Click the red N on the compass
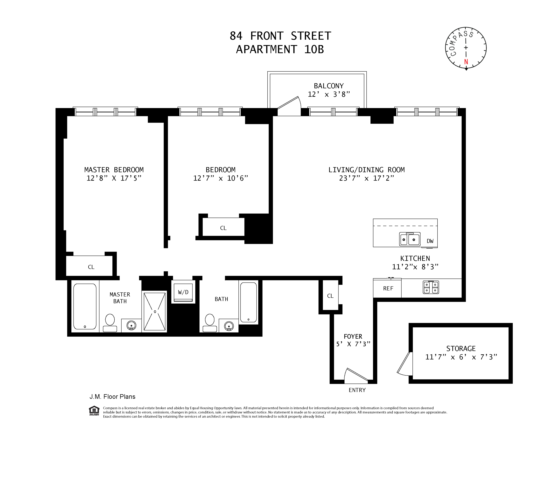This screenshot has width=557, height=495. click(x=466, y=62)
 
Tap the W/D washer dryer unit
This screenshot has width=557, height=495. click(x=183, y=292)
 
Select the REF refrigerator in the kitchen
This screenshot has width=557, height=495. click(x=387, y=288)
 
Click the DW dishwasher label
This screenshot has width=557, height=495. click(x=430, y=241)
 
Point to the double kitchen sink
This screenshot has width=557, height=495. click(x=410, y=239)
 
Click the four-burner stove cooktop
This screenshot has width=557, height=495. click(x=431, y=287)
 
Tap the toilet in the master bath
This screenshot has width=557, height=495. click(x=110, y=323)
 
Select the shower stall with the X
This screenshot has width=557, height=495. click(x=155, y=311)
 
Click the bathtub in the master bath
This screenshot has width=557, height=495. click(x=85, y=306)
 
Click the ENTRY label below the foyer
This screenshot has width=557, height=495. click(x=357, y=390)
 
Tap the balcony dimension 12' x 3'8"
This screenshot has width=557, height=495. click(x=329, y=94)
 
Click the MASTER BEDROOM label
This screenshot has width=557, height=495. click(x=114, y=170)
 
